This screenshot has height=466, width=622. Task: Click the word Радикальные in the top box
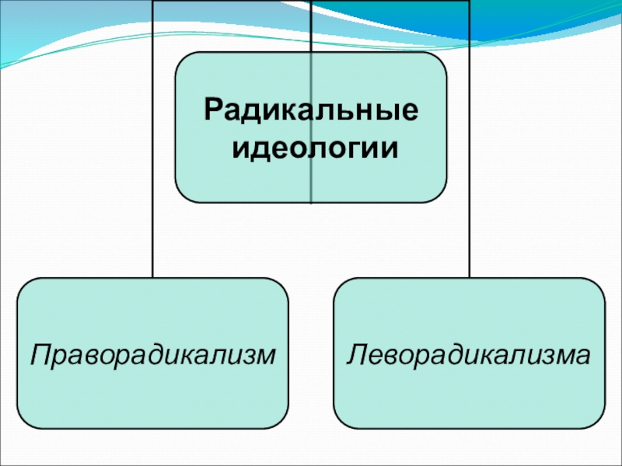[310, 110]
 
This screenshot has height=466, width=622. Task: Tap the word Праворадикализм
[152, 354]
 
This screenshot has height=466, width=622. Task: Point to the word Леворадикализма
[469, 354]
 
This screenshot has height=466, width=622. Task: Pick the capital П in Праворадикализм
[37, 354]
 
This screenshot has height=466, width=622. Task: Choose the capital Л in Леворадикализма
[356, 354]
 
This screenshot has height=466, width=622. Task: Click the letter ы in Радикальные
[388, 112]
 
